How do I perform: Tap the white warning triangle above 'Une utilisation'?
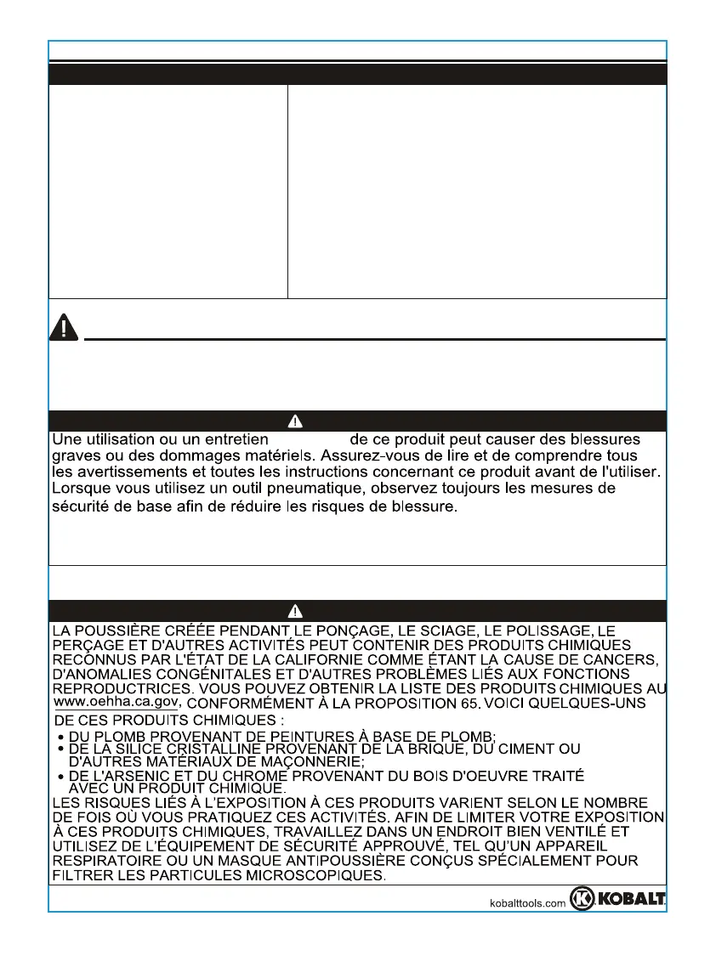[295, 421]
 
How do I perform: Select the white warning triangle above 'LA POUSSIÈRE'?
[295, 611]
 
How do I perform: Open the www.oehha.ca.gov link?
[116, 702]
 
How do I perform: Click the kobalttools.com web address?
[529, 904]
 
